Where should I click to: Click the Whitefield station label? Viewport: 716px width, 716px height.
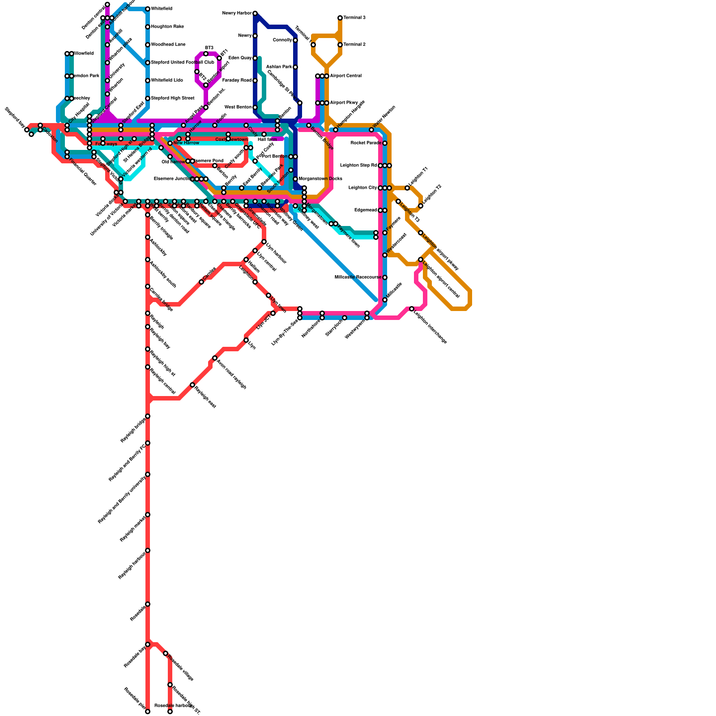point(161,9)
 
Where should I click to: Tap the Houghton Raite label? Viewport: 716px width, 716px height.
point(167,27)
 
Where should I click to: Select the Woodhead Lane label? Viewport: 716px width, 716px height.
point(168,45)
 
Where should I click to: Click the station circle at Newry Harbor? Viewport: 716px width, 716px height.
point(255,13)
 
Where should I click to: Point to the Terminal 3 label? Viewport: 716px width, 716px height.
point(354,18)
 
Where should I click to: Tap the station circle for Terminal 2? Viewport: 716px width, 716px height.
point(340,45)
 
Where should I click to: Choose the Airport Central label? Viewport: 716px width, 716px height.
point(345,76)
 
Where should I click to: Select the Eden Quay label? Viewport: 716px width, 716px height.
point(240,58)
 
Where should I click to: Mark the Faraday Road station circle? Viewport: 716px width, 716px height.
point(255,81)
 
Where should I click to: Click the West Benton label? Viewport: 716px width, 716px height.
point(238,107)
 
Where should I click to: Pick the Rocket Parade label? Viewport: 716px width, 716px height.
point(365,143)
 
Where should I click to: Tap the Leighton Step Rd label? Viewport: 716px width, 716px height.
point(358,166)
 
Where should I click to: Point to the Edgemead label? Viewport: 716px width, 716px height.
point(365,210)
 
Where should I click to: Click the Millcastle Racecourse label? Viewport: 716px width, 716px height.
point(358,277)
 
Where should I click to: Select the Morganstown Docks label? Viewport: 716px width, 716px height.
point(320,179)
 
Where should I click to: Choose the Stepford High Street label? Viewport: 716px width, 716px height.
point(172,98)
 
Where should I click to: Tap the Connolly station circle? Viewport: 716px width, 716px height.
point(295,40)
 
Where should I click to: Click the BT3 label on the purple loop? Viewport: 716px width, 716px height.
point(209,48)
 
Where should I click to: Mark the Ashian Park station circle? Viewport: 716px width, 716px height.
point(295,67)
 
